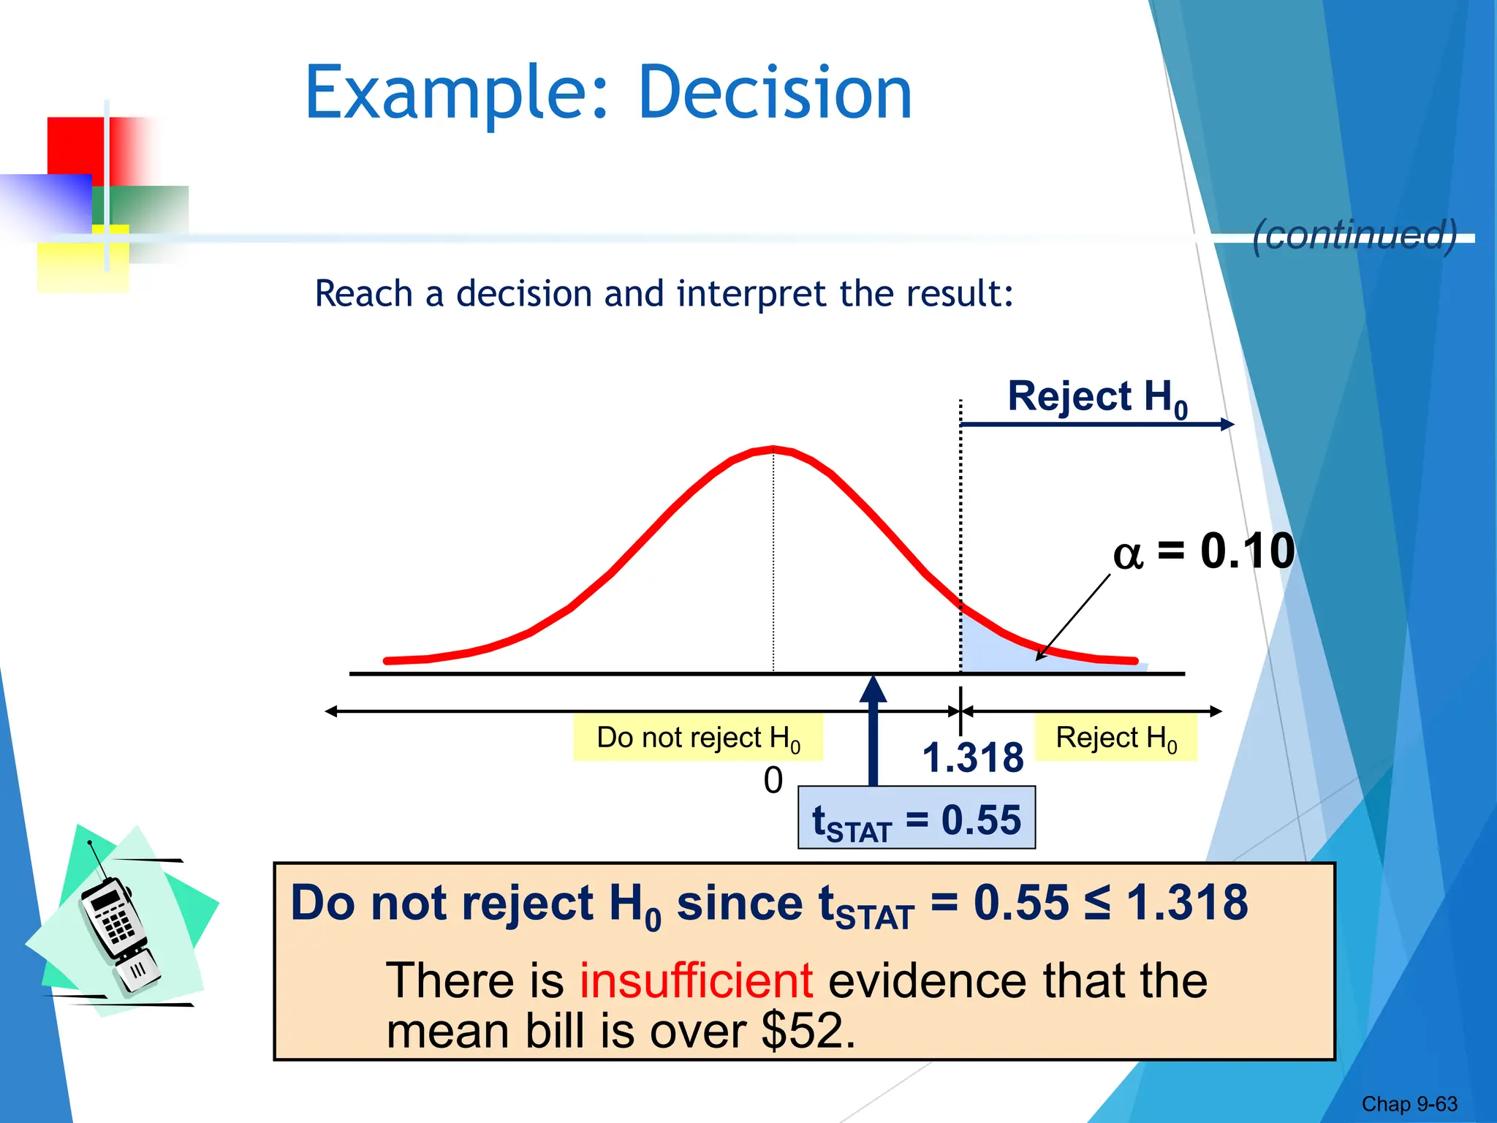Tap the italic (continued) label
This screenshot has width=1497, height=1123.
[1354, 235]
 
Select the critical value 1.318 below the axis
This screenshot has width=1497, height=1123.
[972, 757]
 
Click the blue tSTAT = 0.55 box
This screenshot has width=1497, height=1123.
[916, 818]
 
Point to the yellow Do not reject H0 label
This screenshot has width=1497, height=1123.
[698, 738]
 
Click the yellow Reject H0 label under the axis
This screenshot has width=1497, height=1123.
[1116, 738]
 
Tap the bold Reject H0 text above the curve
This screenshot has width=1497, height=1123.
[1096, 398]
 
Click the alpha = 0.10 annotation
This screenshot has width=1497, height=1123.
[1203, 551]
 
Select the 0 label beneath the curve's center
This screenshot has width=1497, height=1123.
[773, 781]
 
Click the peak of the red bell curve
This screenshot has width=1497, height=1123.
[773, 447]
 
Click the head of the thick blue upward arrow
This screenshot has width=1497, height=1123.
[873, 689]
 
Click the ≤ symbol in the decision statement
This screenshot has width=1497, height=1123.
[1096, 904]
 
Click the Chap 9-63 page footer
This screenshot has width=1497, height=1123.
[1409, 1104]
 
